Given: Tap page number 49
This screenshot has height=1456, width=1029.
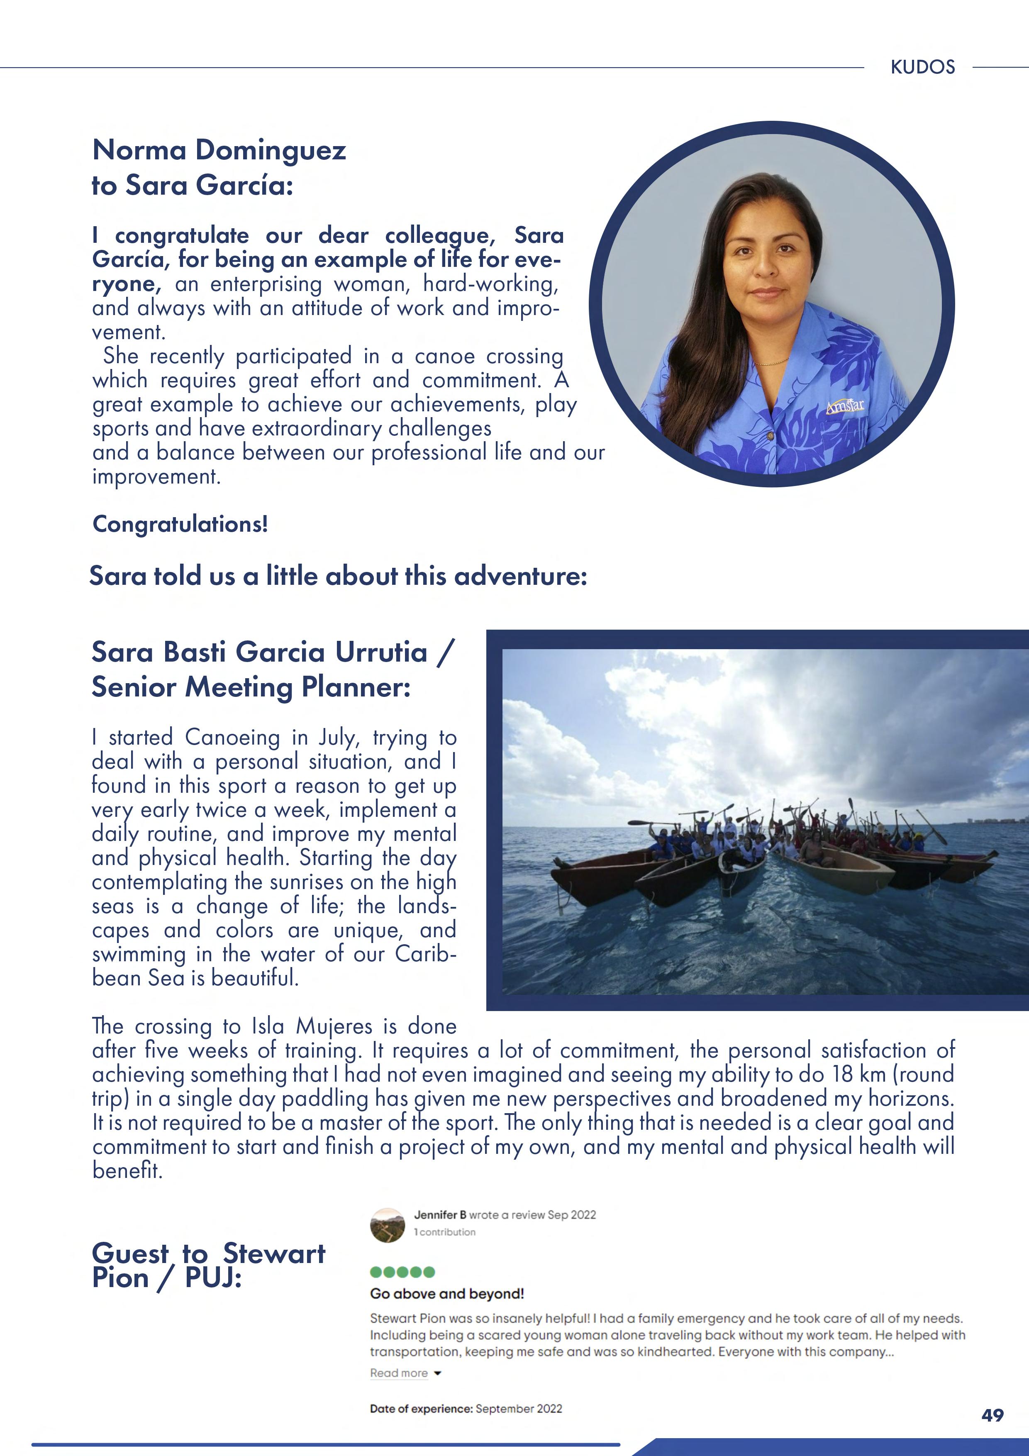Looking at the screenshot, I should pos(992,1415).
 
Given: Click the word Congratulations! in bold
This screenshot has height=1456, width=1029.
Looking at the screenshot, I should pos(180,524).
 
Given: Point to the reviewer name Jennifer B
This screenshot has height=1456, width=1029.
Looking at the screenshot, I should pos(440,1214).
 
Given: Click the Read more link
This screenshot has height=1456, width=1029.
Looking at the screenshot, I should pos(399,1373).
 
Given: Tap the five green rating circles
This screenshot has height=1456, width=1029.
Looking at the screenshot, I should pos(402,1271).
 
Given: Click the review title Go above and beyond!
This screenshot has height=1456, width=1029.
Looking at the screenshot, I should pos(447,1294).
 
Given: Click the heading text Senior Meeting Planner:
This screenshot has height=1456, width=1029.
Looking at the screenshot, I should pos(251,687).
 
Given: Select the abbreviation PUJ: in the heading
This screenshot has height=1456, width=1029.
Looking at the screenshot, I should pos(213,1277).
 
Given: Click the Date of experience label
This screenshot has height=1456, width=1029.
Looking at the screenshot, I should pos(421,1408).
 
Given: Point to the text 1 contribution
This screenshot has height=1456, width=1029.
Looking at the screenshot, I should pos(444,1231).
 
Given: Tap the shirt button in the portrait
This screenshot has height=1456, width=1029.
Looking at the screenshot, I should pos(771,436).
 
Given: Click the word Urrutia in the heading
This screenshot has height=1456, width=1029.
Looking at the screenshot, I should pos(380,652).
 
